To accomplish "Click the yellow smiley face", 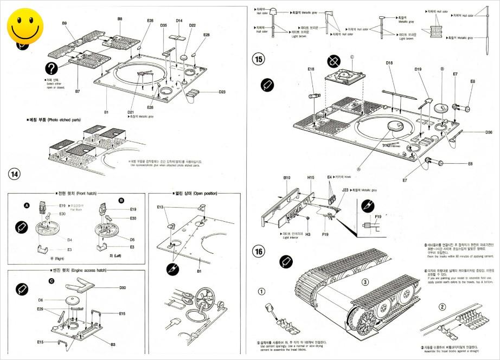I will coord(25,25).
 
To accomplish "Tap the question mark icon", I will coord(52,68).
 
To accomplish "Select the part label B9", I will coord(64,23).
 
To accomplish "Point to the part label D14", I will coord(179,21).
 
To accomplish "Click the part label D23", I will coord(222,92).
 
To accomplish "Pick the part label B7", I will coord(78,92).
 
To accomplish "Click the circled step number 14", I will coord(15,173).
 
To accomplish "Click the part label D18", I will coord(389,63).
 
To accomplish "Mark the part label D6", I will coord(41,300).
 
